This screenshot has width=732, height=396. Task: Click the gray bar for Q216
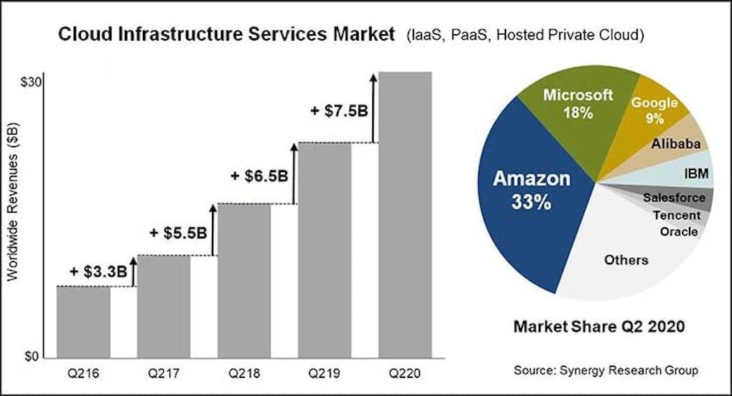point(83,321)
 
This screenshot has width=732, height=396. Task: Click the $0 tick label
point(33,356)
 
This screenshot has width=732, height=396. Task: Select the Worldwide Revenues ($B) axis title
point(13,203)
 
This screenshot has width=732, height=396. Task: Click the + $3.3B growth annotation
point(98,271)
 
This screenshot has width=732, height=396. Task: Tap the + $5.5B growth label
point(178,232)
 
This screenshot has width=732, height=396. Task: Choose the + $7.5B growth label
point(340,111)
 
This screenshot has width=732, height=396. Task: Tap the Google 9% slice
point(654,110)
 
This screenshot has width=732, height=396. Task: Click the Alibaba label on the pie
point(676,144)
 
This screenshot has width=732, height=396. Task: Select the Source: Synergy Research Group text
point(605,370)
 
